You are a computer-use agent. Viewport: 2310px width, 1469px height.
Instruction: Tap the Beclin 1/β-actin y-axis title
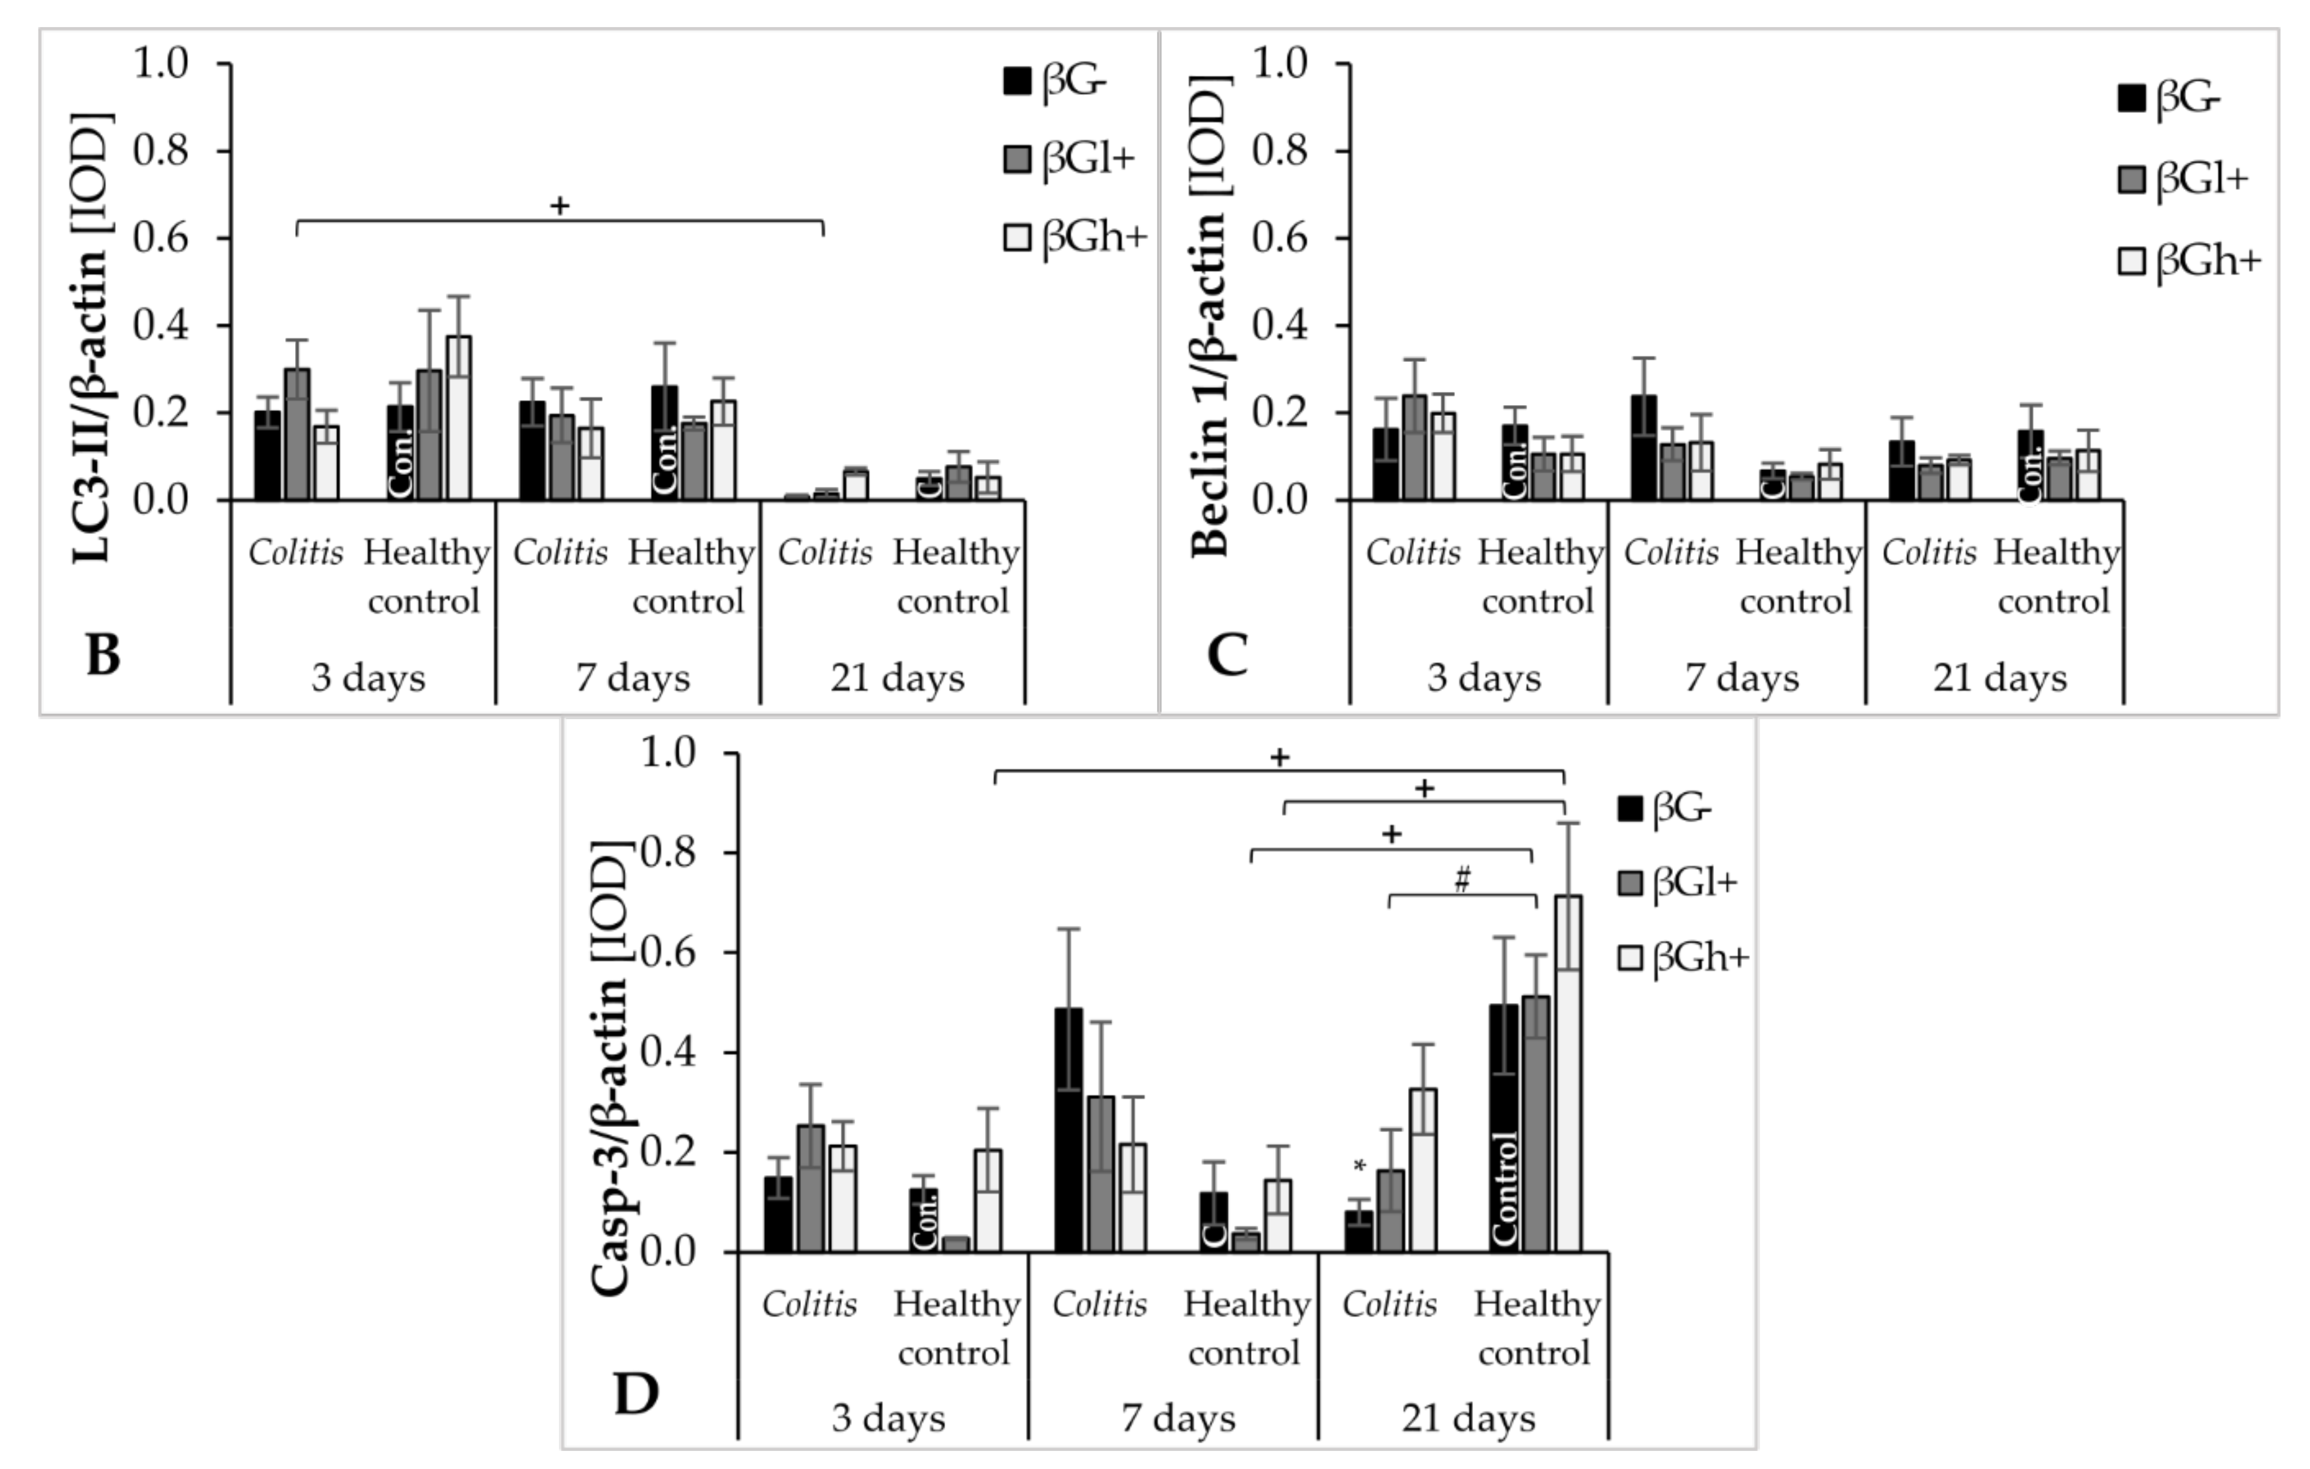point(1208,312)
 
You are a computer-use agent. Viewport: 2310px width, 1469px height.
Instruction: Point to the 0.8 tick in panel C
point(1280,151)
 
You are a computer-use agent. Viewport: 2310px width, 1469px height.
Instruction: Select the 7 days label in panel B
point(632,679)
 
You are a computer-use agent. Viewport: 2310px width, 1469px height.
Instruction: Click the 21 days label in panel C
point(1999,679)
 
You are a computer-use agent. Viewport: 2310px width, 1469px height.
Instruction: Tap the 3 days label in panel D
point(888,1418)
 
